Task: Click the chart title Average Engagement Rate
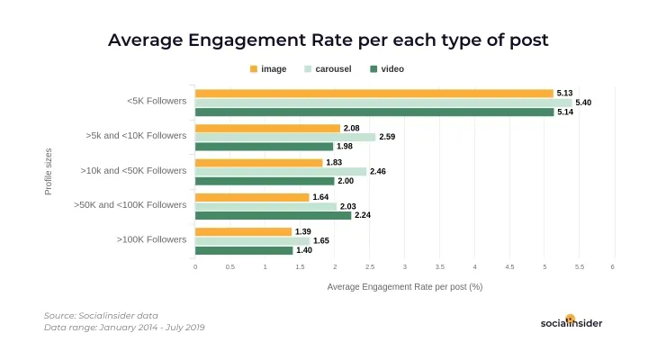click(x=328, y=40)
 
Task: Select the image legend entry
click(x=267, y=69)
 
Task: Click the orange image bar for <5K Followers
click(x=373, y=93)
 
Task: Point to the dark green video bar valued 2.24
click(x=273, y=215)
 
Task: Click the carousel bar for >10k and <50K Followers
click(x=281, y=171)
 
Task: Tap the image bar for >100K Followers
click(x=243, y=231)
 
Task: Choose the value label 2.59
click(x=388, y=137)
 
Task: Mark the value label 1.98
click(x=346, y=147)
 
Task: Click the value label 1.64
click(x=321, y=197)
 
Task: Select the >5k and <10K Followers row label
click(x=136, y=136)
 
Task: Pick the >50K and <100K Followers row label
click(x=130, y=205)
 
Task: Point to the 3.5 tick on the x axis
click(x=439, y=267)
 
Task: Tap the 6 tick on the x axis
click(x=613, y=267)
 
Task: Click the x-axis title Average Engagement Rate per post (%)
click(x=405, y=287)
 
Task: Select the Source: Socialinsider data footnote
click(x=101, y=316)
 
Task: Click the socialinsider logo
click(x=571, y=322)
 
